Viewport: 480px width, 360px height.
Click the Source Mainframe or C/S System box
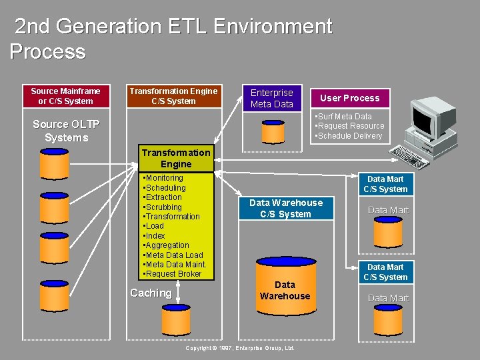65,96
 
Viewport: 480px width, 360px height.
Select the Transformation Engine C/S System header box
173,96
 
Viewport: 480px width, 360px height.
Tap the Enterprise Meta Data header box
271,99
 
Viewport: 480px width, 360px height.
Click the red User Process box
349,98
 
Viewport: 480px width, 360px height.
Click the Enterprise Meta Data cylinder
273,131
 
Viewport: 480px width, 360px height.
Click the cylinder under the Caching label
176,321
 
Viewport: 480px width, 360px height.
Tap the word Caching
151,293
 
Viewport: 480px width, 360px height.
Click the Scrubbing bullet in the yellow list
163,207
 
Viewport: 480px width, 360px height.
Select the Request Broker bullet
173,274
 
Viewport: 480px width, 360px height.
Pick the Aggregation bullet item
167,245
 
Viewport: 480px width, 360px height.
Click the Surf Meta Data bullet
344,117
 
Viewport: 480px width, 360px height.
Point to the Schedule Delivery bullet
349,136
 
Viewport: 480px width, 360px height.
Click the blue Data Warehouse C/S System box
285,208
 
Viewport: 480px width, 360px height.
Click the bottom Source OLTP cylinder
55,293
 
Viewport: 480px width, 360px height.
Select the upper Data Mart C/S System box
385,184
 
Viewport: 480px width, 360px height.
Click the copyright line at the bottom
240,348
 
